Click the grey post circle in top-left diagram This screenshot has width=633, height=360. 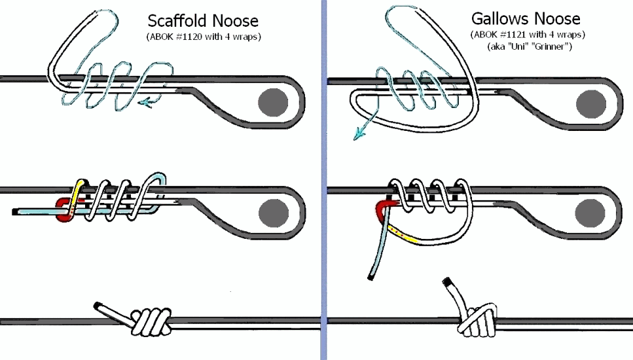tap(272, 103)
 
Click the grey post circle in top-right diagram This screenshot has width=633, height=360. tap(591, 103)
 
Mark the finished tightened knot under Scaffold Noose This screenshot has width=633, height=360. tap(151, 321)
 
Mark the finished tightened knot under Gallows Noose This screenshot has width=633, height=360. tap(475, 319)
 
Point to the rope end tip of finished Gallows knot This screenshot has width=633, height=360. tap(448, 283)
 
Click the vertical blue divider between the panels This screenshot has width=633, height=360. tap(323, 180)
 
